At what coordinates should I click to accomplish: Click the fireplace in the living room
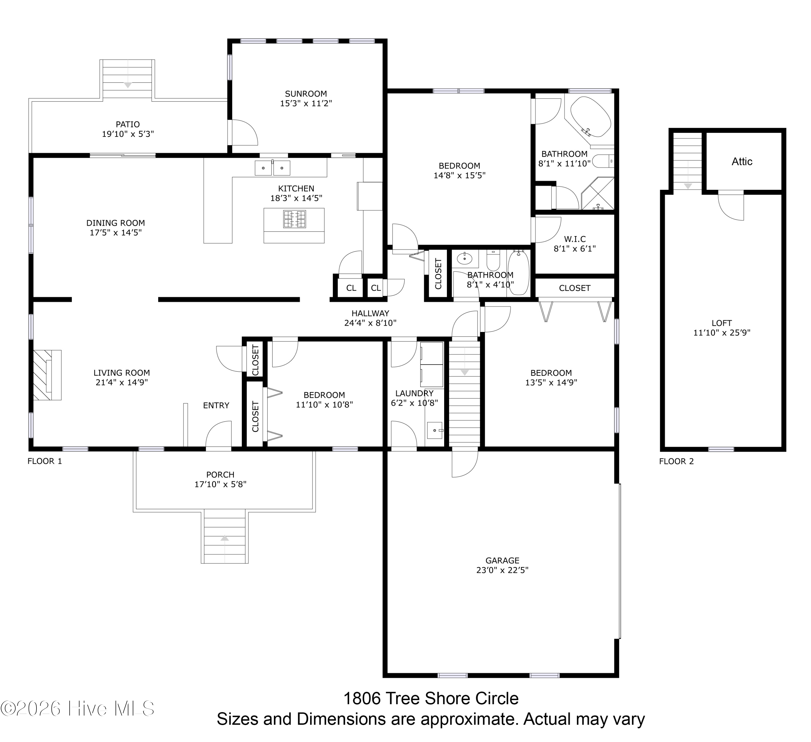point(47,375)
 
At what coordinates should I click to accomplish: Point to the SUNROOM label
point(306,94)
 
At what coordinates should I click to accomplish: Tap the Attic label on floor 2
point(742,162)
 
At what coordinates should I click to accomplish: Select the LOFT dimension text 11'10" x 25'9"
point(722,333)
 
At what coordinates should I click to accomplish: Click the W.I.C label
point(575,239)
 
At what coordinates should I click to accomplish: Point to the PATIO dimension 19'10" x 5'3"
point(128,134)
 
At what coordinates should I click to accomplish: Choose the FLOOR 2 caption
point(677,461)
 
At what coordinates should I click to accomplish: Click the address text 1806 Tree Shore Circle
point(431,699)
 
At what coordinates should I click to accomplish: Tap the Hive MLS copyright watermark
point(77,709)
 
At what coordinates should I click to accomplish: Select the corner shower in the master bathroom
point(598,193)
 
